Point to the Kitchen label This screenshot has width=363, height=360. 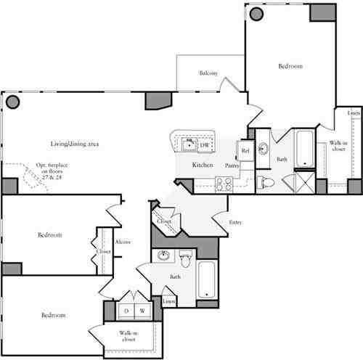tap(203, 165)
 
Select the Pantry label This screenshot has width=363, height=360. tap(232, 166)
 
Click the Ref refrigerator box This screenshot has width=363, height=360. tap(245, 151)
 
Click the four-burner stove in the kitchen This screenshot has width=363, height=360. tap(223, 184)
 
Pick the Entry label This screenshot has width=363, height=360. tap(235, 222)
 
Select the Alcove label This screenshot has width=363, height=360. tap(123, 242)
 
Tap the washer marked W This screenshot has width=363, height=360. tap(142, 311)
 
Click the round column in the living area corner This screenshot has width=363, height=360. tap(12, 102)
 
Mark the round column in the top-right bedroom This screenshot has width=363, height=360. tap(256, 13)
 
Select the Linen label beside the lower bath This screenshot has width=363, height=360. tap(168, 300)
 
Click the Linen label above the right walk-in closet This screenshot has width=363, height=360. tap(353, 114)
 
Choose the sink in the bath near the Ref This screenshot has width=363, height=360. tap(263, 150)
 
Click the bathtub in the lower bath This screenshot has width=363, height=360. tap(207, 279)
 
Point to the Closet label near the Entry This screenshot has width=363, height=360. tap(164, 221)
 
